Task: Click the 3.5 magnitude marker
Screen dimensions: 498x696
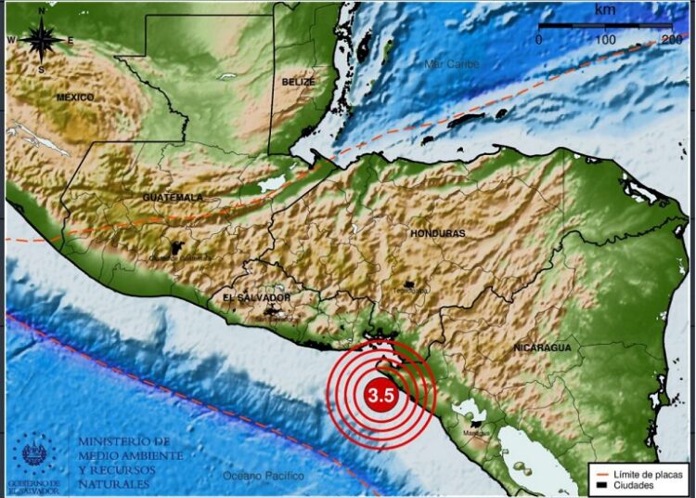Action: coord(381,395)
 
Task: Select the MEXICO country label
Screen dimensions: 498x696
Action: coord(75,97)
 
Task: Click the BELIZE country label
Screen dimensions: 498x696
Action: coord(298,82)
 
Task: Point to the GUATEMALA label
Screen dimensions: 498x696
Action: coord(173,198)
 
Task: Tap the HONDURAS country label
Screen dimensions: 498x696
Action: coord(437,233)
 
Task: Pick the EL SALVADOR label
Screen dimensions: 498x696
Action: coord(257,297)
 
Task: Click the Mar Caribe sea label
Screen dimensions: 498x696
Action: coord(452,64)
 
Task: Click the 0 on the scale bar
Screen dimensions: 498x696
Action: coord(539,40)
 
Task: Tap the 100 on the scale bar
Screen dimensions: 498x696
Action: coord(605,40)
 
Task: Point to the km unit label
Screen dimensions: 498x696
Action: coord(605,8)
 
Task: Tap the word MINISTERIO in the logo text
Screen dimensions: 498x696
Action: coord(123,441)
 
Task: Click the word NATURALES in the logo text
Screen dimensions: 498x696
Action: coord(112,484)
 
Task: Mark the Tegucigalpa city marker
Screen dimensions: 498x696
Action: coord(408,283)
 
